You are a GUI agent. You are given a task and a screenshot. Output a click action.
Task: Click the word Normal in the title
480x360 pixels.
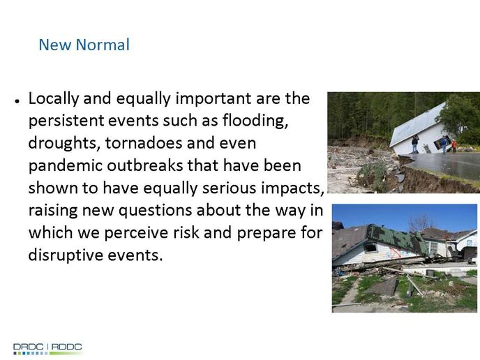(x=103, y=45)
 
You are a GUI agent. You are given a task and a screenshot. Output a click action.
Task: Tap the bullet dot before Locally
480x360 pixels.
(x=17, y=100)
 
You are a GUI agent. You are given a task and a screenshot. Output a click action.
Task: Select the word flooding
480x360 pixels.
(x=255, y=121)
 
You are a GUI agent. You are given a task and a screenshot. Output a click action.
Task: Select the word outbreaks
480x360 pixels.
(x=145, y=165)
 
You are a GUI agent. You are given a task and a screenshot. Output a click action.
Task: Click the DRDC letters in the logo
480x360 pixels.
(x=28, y=347)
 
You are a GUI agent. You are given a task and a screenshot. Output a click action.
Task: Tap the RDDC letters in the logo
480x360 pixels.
(x=67, y=347)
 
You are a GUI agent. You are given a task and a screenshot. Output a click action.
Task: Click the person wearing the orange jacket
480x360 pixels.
(x=454, y=146)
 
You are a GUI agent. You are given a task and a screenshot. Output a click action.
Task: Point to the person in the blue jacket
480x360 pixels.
(x=444, y=145)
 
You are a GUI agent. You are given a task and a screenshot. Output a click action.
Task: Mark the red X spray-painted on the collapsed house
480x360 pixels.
(x=396, y=253)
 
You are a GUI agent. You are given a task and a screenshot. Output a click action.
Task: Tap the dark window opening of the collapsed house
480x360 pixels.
(x=370, y=247)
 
